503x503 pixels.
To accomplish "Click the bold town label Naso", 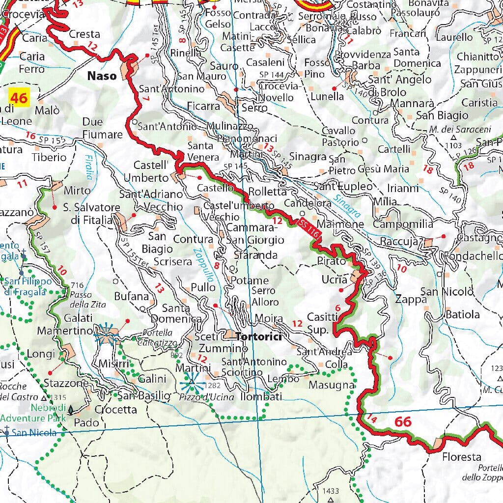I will [102, 76].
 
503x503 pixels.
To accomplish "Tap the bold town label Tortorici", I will [258, 336].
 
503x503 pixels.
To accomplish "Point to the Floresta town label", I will [461, 457].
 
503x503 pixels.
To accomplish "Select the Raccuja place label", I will [398, 242].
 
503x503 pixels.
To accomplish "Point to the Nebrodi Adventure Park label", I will [33, 413].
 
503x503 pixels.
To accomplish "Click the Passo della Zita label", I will [82, 294].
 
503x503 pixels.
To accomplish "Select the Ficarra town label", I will [203, 106].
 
